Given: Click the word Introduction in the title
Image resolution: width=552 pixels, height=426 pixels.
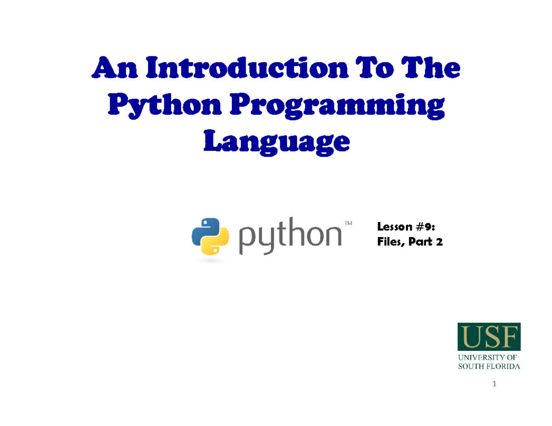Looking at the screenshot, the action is pos(247,67).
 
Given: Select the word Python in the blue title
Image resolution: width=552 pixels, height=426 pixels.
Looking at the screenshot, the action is pos(165,106).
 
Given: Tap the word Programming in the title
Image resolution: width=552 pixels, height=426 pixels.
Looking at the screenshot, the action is pos(337,106).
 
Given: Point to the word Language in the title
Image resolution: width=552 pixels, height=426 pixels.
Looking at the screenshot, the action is pos(276,142).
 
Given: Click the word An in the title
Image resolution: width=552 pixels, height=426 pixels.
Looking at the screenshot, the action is pos(115,67).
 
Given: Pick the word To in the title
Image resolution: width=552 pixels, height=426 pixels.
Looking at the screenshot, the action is pos(374,67).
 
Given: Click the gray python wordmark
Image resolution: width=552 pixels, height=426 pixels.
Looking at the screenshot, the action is pos(290,235).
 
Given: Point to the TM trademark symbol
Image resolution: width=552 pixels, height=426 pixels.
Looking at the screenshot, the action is pos(348,223).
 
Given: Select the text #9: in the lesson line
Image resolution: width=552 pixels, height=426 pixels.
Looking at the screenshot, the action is pos(425,227).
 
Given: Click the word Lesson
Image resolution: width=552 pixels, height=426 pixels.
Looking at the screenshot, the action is pos(395,227).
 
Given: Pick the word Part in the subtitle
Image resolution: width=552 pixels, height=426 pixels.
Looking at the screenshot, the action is pos(420,242).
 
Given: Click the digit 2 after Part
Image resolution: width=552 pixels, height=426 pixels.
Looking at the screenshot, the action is pos(439,242).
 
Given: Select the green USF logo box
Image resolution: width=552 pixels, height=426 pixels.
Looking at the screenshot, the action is pos(489,336).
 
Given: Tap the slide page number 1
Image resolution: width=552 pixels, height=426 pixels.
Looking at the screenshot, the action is pos(494,384).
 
